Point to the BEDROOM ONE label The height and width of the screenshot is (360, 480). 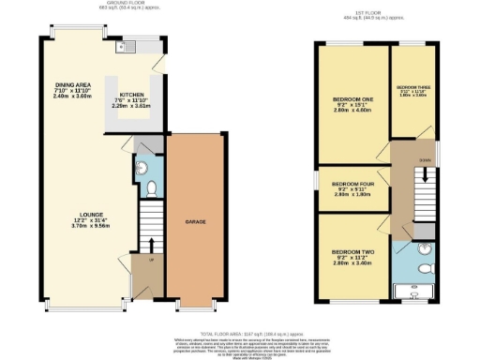point(352,98)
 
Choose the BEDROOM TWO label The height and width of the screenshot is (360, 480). point(352,251)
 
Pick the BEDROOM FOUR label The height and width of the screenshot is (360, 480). point(352,184)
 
